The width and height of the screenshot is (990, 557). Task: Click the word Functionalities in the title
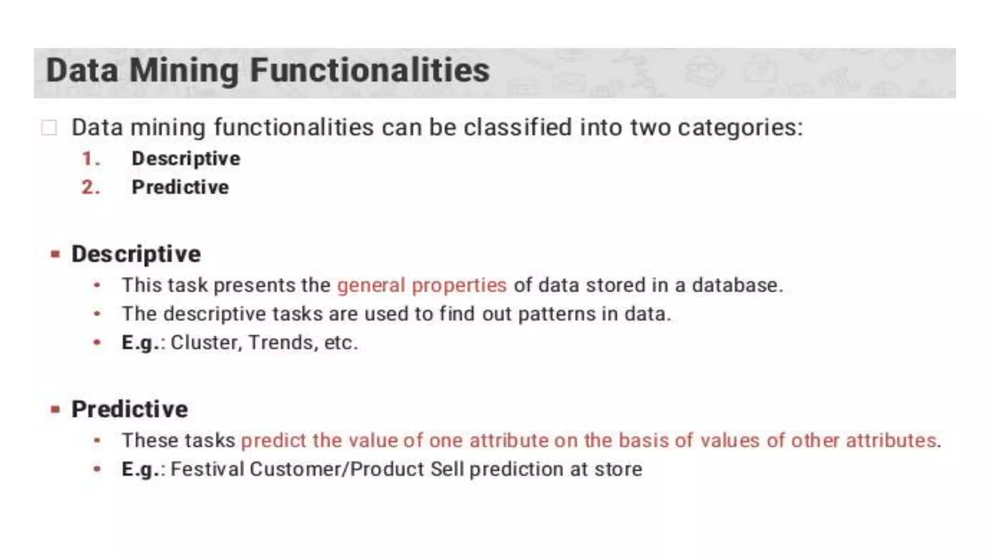pos(370,71)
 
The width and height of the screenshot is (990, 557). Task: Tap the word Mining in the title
pos(184,71)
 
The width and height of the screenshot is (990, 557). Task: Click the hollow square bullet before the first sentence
pos(49,128)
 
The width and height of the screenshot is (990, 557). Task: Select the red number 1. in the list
pos(91,159)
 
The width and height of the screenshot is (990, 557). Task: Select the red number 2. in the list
pos(91,188)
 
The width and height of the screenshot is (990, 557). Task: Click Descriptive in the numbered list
pos(186,159)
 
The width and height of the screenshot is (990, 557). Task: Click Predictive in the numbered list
pos(180,188)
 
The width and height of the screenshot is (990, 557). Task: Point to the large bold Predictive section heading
pos(130,410)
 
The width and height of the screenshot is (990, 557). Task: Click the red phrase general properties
pos(422,285)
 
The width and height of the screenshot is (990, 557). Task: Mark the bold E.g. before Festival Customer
pos(140,469)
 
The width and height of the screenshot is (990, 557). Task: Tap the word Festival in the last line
pos(207,469)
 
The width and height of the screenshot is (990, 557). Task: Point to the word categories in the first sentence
pos(739,128)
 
